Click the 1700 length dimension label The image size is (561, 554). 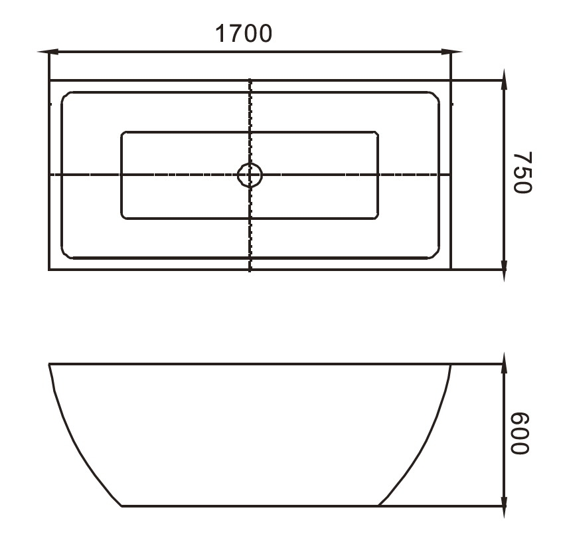pyautogui.click(x=243, y=34)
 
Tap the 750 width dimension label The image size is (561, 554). pyautogui.click(x=522, y=172)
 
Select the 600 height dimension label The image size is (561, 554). pyautogui.click(x=519, y=433)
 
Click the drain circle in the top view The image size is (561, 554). pyautogui.click(x=250, y=175)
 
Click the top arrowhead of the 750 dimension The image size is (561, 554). pyautogui.click(x=504, y=79)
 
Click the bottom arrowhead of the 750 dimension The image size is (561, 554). pyautogui.click(x=504, y=271)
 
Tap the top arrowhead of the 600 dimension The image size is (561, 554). pyautogui.click(x=504, y=363)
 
